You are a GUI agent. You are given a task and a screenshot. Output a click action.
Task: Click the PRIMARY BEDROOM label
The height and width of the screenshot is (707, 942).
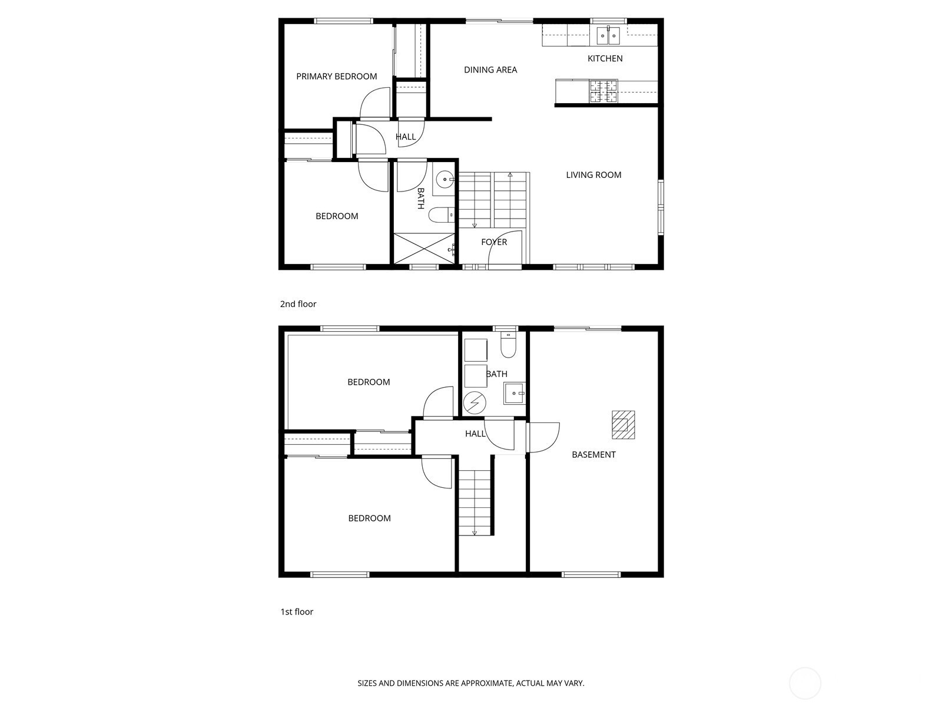[336, 77]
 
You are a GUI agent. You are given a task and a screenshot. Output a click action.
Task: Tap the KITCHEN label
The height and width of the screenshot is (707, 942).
[605, 58]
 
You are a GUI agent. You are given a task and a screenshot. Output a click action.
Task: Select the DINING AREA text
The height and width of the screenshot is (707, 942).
[490, 70]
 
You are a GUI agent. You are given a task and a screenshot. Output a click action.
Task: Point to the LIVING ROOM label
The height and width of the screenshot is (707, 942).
[593, 175]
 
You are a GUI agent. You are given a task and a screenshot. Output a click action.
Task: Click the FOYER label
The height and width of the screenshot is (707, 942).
[494, 242]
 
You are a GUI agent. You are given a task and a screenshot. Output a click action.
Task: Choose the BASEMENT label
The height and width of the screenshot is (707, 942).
[593, 455]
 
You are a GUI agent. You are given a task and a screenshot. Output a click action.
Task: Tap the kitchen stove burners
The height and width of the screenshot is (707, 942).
[603, 91]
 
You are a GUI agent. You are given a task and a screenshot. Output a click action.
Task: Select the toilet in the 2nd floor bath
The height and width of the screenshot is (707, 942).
[442, 214]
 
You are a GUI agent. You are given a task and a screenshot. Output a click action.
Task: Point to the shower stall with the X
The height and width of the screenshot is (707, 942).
[424, 248]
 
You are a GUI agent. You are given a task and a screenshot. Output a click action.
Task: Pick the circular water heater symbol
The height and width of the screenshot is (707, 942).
[475, 403]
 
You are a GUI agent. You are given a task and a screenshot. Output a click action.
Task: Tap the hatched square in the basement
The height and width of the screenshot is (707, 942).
[623, 425]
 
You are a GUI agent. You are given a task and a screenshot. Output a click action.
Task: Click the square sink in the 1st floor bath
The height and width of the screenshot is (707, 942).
[515, 393]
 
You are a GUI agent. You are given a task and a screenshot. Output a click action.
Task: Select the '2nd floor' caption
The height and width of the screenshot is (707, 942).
[298, 304]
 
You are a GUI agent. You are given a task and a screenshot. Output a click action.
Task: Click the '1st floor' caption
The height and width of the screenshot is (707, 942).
[297, 612]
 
